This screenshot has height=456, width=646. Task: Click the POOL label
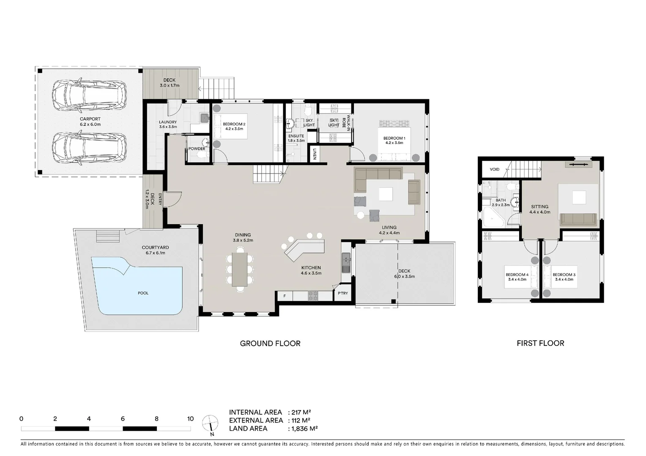(143, 293)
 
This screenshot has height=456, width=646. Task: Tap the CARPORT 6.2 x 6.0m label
(90, 122)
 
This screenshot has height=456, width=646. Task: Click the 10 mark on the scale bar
(190, 419)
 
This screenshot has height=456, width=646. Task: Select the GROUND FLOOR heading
(270, 344)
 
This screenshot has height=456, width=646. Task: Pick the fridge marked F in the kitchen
(285, 296)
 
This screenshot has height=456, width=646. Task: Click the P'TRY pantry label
(342, 293)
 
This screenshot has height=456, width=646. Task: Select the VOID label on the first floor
(495, 169)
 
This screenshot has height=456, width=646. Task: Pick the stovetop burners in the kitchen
(313, 296)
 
